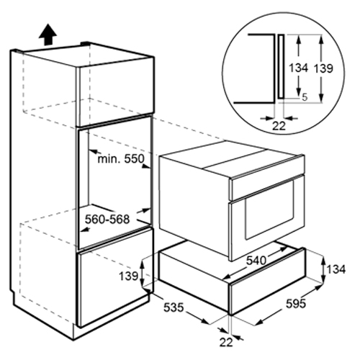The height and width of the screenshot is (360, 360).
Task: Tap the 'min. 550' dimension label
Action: (121, 158)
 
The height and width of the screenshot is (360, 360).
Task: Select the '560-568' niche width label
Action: (107, 220)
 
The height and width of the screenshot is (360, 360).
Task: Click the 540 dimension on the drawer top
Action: (256, 261)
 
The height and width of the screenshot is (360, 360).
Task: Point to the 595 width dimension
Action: (296, 305)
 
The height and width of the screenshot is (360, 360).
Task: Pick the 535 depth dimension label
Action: (174, 307)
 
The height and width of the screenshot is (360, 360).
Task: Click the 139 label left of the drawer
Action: (129, 276)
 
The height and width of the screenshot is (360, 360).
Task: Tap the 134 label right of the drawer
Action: (336, 269)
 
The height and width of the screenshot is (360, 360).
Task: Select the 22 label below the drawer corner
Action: (226, 342)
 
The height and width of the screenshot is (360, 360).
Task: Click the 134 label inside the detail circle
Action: (298, 68)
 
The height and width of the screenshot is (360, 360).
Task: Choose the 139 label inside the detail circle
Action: (323, 68)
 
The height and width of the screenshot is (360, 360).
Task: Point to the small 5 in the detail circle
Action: (305, 97)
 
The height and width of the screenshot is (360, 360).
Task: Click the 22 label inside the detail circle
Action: (279, 126)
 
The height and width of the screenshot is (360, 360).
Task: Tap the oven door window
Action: (269, 210)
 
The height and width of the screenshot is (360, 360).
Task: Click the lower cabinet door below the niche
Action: (115, 277)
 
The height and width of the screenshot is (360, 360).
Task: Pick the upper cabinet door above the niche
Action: (114, 92)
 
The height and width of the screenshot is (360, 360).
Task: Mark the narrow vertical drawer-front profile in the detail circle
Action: (282, 66)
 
